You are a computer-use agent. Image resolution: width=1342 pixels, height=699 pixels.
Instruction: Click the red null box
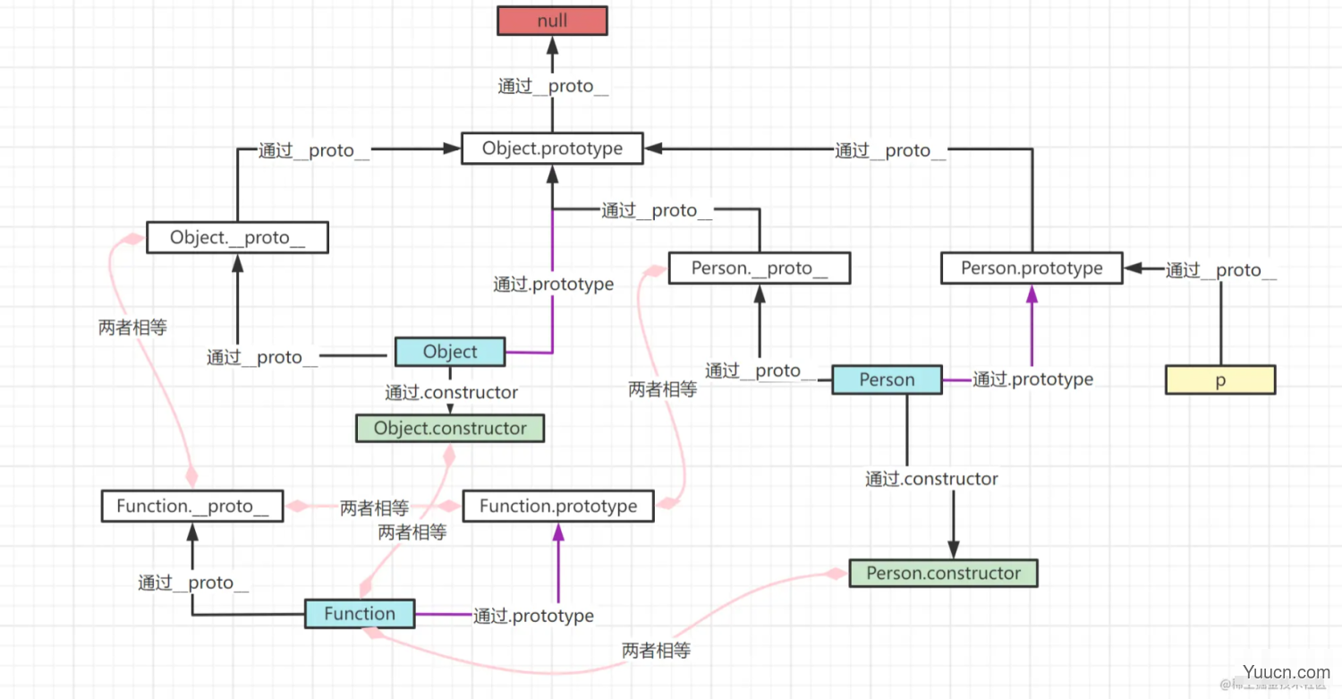[552, 21]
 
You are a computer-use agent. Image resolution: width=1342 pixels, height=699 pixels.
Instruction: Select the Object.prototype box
[552, 149]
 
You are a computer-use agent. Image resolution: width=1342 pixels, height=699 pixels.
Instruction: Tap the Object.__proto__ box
[237, 238]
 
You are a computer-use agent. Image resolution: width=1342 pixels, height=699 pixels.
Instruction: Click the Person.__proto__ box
[759, 269]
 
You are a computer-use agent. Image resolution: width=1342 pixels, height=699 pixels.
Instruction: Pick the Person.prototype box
[1032, 269]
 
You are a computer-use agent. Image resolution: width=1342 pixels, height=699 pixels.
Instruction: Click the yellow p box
[1219, 380]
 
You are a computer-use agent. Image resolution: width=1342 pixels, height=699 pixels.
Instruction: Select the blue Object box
[450, 352]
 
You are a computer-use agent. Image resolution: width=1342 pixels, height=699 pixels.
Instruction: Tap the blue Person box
[887, 379]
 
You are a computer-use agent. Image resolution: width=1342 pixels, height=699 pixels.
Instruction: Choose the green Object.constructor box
[450, 429]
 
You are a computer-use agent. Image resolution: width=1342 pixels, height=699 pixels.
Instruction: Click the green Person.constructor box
[943, 574]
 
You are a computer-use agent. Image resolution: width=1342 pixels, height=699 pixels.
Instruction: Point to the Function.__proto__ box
[192, 507]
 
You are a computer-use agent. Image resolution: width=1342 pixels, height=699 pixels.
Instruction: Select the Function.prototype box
[558, 507]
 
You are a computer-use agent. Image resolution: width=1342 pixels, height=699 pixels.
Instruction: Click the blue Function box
[360, 614]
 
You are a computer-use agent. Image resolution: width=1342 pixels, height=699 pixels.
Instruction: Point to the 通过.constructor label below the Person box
[931, 479]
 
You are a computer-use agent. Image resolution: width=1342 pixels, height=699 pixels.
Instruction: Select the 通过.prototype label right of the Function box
[533, 616]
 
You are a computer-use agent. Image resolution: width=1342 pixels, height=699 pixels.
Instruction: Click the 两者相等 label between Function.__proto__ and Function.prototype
[374, 508]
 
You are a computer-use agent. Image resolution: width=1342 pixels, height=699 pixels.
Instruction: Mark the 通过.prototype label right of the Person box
[1032, 379]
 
